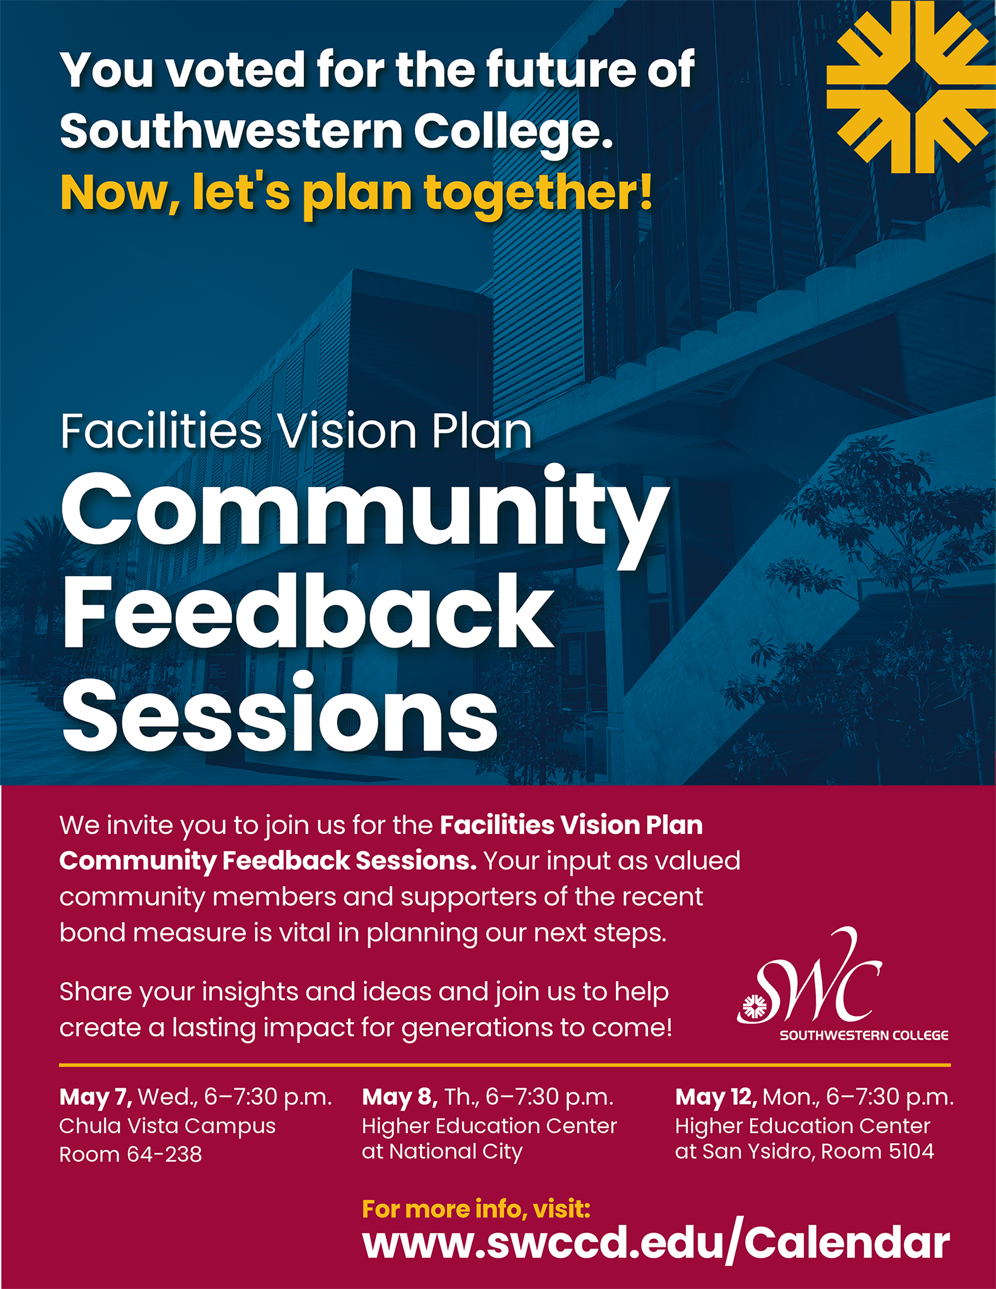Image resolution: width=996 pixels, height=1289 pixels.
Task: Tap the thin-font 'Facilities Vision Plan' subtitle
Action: pyautogui.click(x=296, y=431)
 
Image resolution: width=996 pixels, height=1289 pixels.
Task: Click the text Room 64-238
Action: pyautogui.click(x=130, y=1154)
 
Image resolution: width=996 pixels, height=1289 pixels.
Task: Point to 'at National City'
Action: pyautogui.click(x=443, y=1152)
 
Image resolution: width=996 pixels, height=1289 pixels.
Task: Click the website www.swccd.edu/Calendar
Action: pyautogui.click(x=656, y=1244)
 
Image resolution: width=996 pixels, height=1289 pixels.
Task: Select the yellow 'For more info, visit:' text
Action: pyautogui.click(x=476, y=1209)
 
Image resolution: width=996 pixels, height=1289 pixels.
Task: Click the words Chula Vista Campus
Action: pyautogui.click(x=168, y=1127)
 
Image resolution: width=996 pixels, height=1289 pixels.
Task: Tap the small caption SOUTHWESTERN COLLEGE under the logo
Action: pyautogui.click(x=864, y=1035)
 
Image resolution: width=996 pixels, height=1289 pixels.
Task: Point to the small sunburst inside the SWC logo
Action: pyautogui.click(x=754, y=1006)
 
